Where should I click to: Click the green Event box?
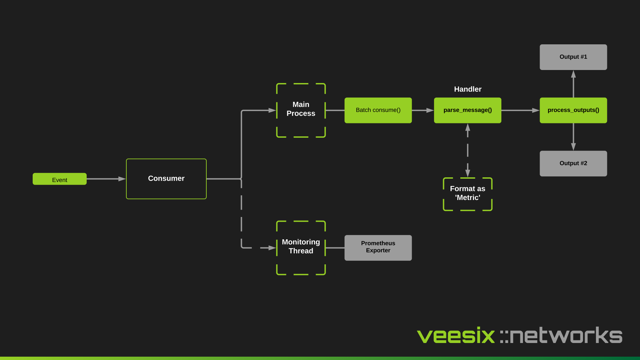pos(59,179)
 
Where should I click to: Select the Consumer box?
pos(166,179)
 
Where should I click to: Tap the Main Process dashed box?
pos(301,110)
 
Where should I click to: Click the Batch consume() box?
pos(378,110)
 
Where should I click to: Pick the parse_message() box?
pos(467,110)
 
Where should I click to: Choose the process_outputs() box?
pos(573,110)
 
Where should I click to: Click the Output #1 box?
pos(573,57)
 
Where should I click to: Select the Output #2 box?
pos(573,163)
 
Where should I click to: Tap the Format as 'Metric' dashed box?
pos(467,194)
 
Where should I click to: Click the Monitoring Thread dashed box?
pos(301,247)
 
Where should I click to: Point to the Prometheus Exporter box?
pos(378,248)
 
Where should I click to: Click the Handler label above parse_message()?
pos(467,89)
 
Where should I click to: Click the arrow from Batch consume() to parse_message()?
pos(423,110)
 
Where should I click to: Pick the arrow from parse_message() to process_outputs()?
pos(520,110)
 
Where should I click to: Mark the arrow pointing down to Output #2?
pos(573,137)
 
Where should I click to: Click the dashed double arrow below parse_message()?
pos(468,150)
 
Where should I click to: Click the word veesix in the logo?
pos(456,335)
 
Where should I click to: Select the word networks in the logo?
pos(566,335)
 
